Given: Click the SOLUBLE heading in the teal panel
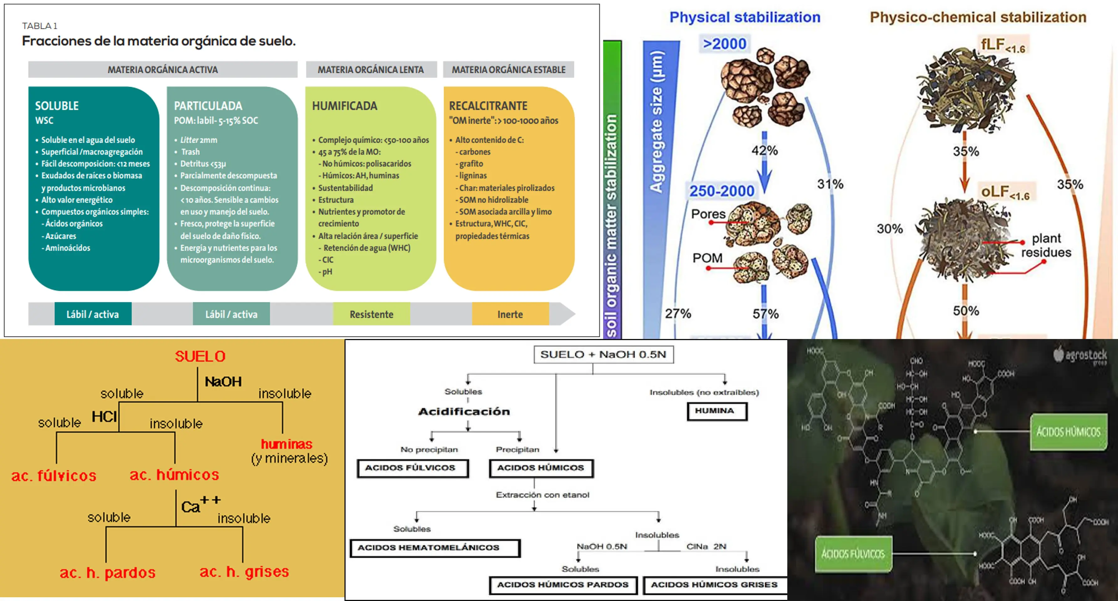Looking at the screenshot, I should click(57, 106).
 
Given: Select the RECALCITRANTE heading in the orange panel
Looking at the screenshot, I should click(488, 106).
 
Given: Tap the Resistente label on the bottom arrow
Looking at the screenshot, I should click(371, 314).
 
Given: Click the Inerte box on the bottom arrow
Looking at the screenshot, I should click(510, 314).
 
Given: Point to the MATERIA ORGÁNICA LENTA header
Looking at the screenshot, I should click(371, 69).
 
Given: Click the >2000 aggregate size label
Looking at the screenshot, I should click(724, 44).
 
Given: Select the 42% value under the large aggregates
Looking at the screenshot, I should click(765, 151).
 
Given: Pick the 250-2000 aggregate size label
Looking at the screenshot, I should click(722, 191).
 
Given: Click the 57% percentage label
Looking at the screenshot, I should click(766, 314).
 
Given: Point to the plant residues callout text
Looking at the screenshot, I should click(1046, 245).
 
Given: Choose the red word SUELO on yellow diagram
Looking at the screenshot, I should click(200, 356).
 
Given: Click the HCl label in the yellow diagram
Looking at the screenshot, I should click(104, 417).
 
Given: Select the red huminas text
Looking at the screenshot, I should click(287, 444).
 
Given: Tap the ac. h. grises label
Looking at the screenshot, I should click(244, 572).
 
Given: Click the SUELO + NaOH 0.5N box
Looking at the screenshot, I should click(603, 355).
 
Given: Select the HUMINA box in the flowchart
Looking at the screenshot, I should click(717, 411).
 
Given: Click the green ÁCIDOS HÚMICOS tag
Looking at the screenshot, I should click(1068, 432).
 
